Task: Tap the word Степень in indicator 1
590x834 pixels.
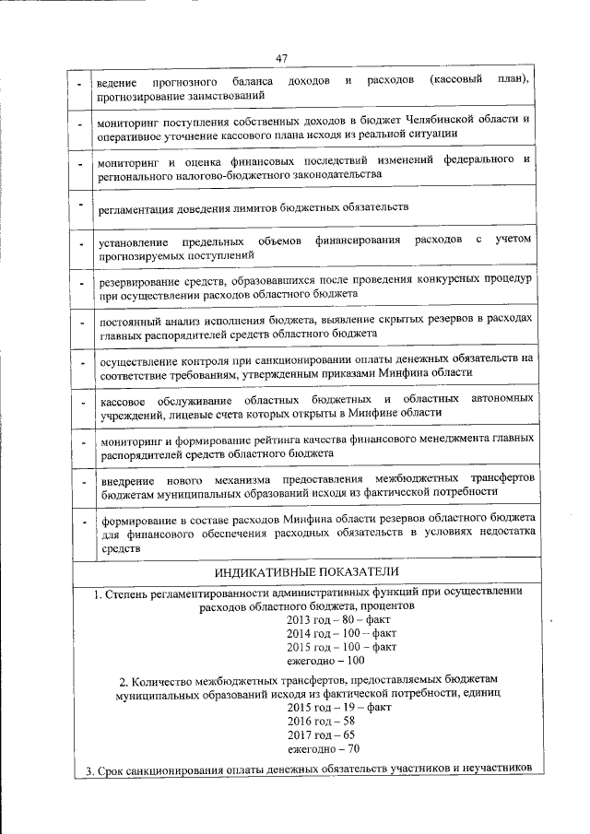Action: (x=135, y=593)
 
